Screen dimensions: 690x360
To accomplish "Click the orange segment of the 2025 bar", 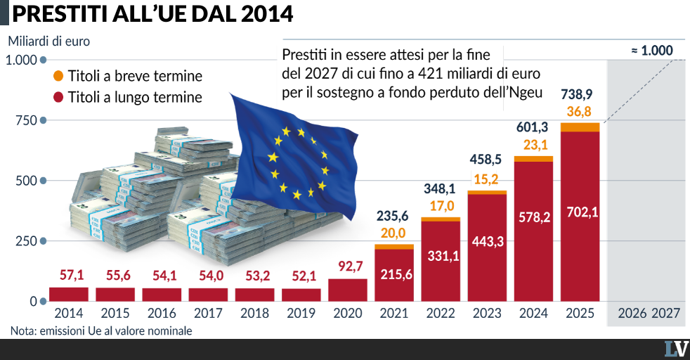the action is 580,127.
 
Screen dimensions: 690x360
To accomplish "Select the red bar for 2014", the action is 69,295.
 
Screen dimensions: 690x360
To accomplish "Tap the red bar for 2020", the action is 348,290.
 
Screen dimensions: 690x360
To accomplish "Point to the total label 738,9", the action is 576,94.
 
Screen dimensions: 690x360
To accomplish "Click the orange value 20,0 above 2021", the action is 393,233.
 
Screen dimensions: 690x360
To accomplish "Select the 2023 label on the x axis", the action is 487,314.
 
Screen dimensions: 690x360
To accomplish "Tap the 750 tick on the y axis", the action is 27,121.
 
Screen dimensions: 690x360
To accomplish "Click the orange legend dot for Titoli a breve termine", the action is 58,76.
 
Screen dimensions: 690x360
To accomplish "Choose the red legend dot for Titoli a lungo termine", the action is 58,97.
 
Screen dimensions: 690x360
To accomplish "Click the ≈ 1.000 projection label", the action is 652,51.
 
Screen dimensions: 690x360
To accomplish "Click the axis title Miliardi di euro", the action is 49,41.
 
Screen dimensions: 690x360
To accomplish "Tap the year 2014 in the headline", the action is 268,13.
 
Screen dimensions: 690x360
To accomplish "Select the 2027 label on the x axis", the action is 666,314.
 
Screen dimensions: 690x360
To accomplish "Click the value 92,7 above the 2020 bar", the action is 351,266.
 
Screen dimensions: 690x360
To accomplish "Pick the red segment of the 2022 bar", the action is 441,262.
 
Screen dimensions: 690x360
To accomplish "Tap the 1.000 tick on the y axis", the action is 21,60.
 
